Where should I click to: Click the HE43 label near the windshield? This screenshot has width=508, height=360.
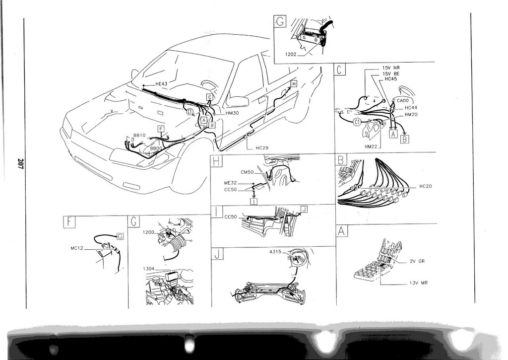click(161, 84)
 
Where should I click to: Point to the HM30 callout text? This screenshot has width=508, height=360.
click(232, 113)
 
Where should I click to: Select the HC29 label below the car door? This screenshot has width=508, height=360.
click(262, 148)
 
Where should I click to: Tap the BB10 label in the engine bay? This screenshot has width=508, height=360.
click(139, 135)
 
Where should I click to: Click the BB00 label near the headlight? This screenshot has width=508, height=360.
click(156, 148)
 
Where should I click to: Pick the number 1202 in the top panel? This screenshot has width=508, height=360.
click(291, 55)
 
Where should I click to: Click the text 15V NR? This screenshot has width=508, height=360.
click(391, 68)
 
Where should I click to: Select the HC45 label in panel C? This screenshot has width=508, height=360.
click(390, 78)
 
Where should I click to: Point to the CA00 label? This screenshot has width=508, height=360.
click(403, 101)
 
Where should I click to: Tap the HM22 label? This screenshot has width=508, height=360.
click(371, 146)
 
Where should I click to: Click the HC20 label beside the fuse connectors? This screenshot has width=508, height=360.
click(425, 186)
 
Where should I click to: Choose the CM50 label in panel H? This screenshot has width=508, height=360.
click(247, 172)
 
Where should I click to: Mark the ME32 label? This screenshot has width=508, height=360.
click(230, 183)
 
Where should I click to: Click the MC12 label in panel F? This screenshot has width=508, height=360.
click(77, 248)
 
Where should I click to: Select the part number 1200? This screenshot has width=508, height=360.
click(148, 232)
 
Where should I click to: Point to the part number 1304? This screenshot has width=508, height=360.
click(148, 269)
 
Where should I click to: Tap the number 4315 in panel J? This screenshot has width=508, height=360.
click(275, 252)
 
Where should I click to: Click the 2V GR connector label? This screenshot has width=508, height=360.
click(417, 261)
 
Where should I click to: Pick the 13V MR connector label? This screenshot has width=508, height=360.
click(419, 283)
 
